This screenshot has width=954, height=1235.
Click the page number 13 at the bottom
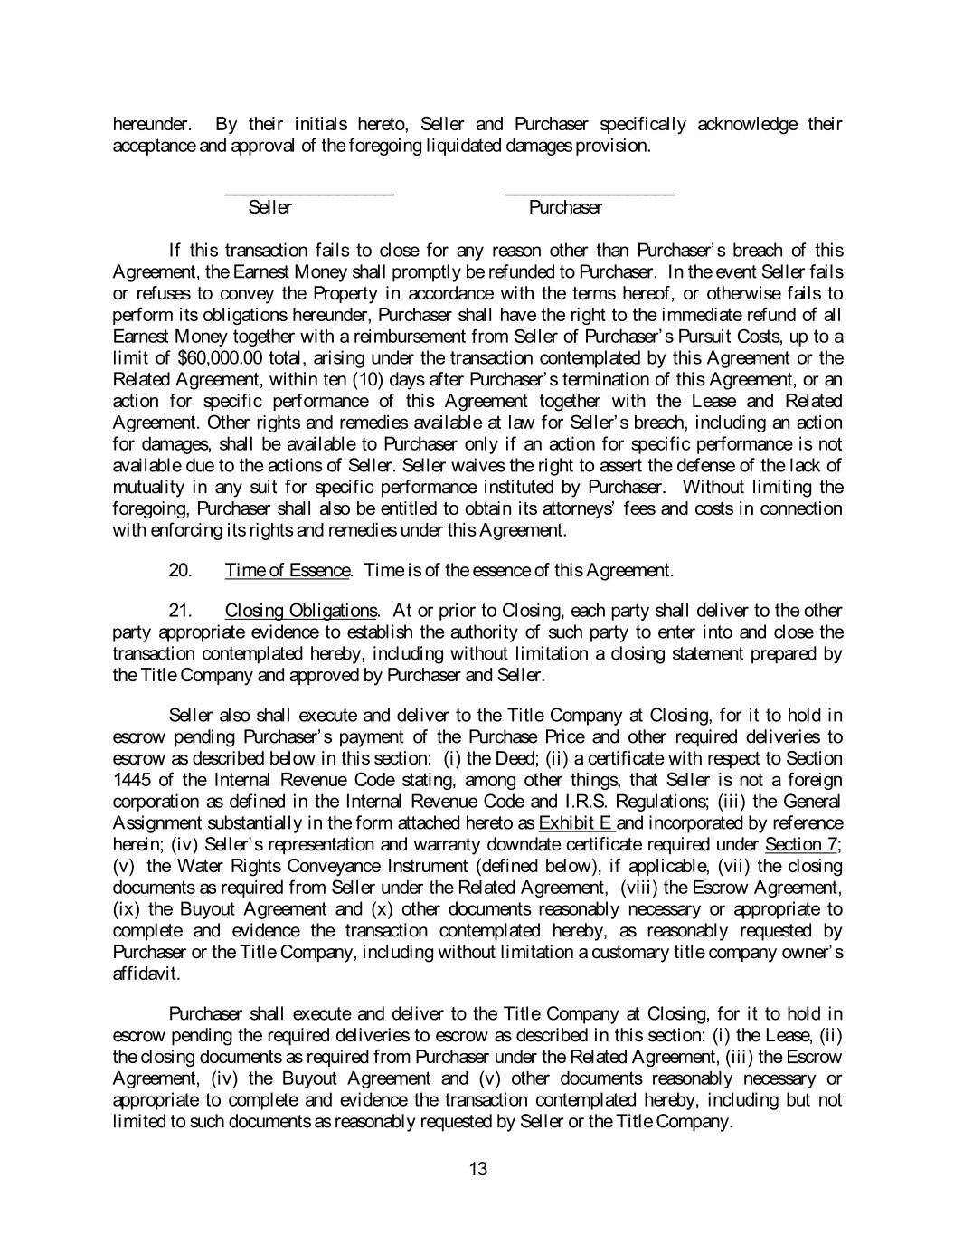pos(478,1169)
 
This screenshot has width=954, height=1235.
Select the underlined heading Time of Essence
pos(287,570)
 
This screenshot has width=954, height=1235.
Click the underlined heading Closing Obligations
pos(301,611)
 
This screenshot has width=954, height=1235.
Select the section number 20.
pos(180,570)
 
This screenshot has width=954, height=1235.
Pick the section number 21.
pos(180,611)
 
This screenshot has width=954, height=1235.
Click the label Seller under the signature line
pos(270,208)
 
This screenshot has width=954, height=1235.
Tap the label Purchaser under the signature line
pos(566,208)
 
